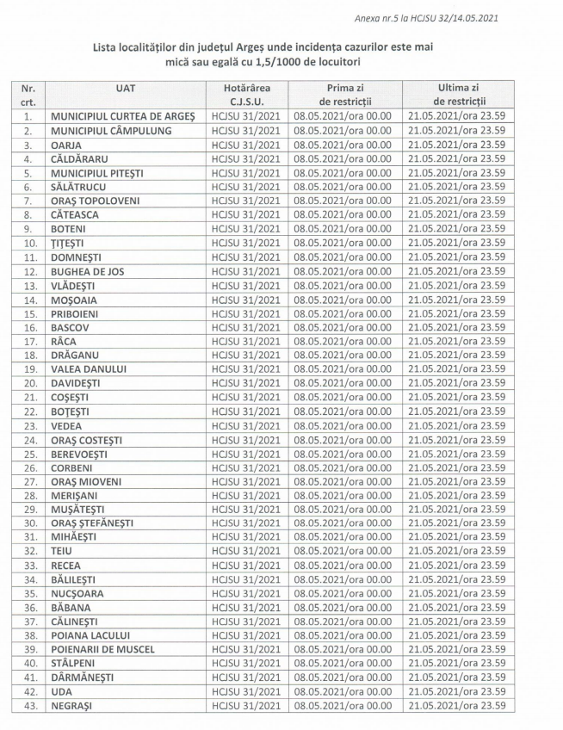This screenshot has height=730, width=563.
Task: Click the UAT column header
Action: [x=125, y=88]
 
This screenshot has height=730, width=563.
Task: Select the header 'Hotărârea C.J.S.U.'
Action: [x=246, y=94]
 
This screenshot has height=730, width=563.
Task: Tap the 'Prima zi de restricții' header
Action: [x=342, y=94]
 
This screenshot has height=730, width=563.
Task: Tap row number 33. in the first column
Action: [x=29, y=566]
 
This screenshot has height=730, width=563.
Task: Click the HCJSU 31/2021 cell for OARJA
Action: [x=246, y=145]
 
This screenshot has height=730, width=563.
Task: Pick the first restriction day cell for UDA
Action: [x=342, y=691]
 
